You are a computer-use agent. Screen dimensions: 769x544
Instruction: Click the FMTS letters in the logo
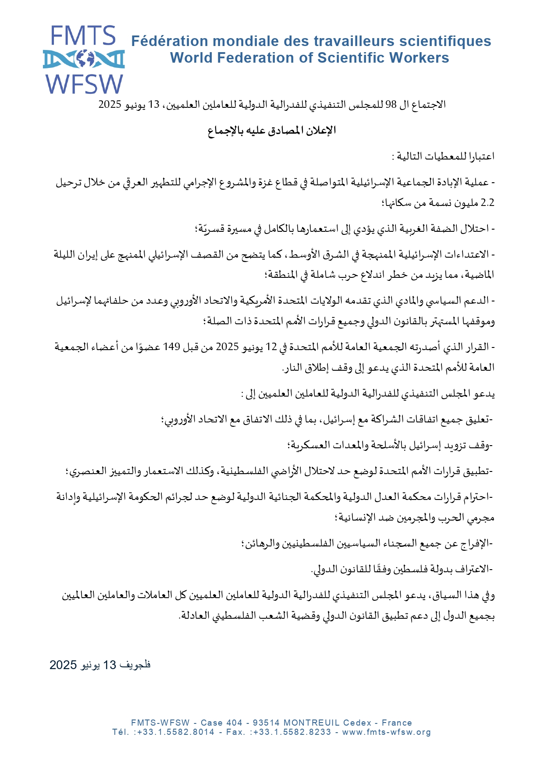point(83,36)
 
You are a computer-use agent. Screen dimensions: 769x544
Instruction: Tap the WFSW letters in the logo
point(85,84)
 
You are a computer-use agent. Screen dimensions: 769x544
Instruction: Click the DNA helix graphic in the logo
point(83,59)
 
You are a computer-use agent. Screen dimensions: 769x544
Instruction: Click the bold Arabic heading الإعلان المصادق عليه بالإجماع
point(272,130)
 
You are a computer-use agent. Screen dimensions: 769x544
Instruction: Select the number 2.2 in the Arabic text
point(487,203)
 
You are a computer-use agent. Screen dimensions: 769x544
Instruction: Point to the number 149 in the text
point(171,347)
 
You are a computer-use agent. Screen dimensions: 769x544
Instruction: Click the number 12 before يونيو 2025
point(271,347)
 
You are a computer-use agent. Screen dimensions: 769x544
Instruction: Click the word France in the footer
point(397,723)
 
